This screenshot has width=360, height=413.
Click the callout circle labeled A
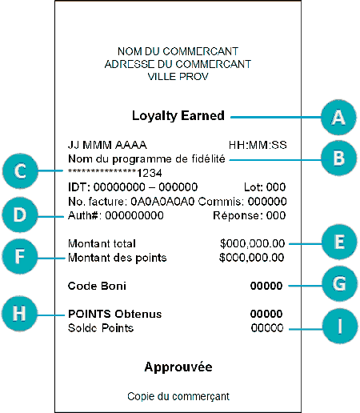click(x=338, y=117)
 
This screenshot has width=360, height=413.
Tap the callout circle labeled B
click(x=338, y=158)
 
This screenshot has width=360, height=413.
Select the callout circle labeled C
click(x=20, y=171)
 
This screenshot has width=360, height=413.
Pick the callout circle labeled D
click(x=20, y=215)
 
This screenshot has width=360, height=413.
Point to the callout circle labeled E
click(x=339, y=242)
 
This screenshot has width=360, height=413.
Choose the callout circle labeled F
click(x=20, y=256)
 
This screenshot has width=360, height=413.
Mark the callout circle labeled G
click(x=339, y=283)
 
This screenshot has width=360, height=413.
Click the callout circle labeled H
click(x=19, y=314)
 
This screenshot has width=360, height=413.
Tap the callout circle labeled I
click(x=340, y=326)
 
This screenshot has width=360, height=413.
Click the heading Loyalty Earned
click(x=178, y=116)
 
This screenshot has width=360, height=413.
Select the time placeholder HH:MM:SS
click(x=258, y=145)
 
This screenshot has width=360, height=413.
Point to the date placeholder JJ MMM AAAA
click(x=107, y=145)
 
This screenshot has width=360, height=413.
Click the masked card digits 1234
click(x=150, y=174)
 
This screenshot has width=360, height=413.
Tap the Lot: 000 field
click(x=265, y=187)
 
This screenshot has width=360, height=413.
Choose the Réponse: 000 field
click(x=250, y=215)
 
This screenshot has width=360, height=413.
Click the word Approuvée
click(x=178, y=367)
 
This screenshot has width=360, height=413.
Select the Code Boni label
click(x=97, y=286)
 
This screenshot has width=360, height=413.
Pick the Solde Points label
click(x=101, y=328)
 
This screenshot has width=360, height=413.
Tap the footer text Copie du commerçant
click(x=178, y=396)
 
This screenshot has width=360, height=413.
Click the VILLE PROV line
click(x=178, y=77)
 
